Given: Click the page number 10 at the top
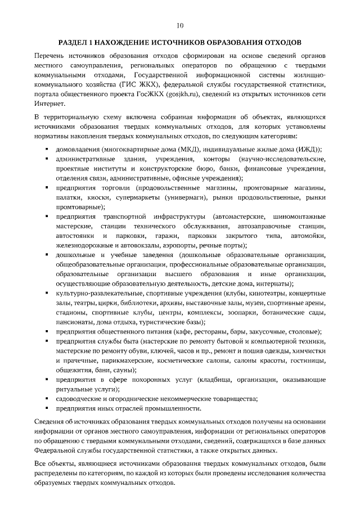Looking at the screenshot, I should (180, 25).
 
